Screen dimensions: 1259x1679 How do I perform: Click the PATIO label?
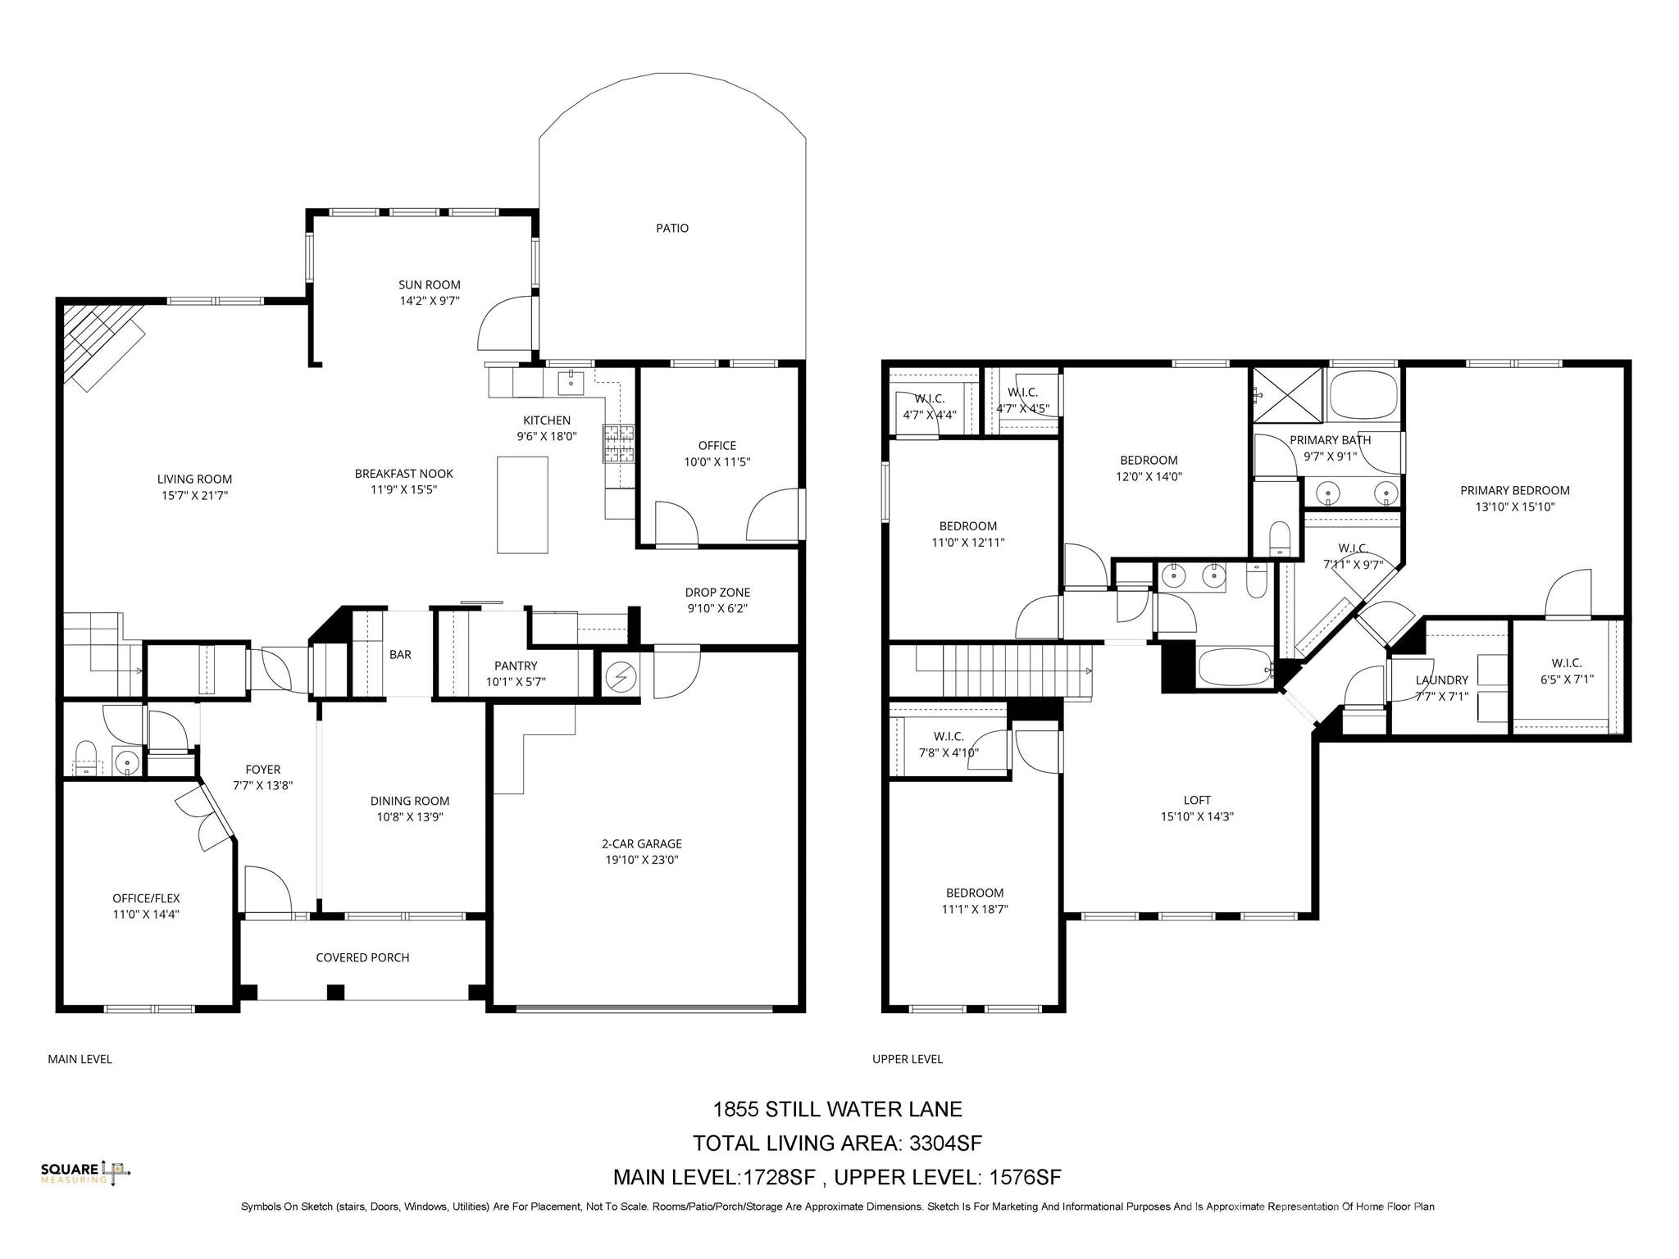click(x=671, y=228)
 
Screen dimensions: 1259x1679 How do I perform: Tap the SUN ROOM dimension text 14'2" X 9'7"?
click(x=429, y=301)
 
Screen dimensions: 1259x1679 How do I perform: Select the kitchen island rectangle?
click(x=522, y=505)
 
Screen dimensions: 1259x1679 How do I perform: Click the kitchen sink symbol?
click(x=571, y=381)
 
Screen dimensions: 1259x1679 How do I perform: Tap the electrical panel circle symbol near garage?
click(x=621, y=677)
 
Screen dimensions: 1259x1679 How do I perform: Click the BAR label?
click(x=400, y=654)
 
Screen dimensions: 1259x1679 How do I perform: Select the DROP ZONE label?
click(x=717, y=592)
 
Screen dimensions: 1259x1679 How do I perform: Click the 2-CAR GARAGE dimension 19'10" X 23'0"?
click(x=642, y=860)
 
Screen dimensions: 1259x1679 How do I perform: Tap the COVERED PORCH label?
click(x=362, y=957)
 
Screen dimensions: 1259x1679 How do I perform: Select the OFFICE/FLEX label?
click(x=146, y=898)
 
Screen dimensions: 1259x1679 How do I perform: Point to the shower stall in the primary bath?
click(x=1287, y=395)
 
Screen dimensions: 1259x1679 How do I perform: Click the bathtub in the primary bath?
click(x=1363, y=396)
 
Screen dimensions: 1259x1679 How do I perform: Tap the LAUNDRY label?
click(x=1441, y=679)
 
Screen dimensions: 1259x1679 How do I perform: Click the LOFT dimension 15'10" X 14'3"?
click(x=1197, y=816)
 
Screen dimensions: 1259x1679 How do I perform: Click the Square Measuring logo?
click(x=85, y=1172)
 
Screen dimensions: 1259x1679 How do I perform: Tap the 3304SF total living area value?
click(x=945, y=1143)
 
